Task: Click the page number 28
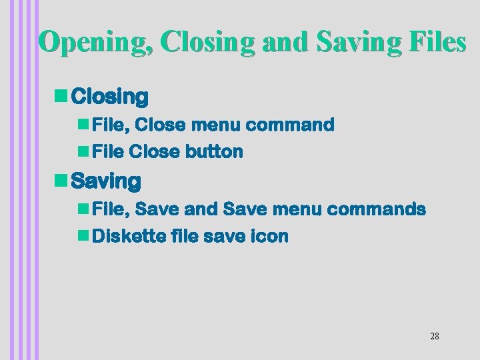click(x=434, y=336)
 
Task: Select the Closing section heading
click(x=109, y=97)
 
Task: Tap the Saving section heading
click(x=105, y=181)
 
